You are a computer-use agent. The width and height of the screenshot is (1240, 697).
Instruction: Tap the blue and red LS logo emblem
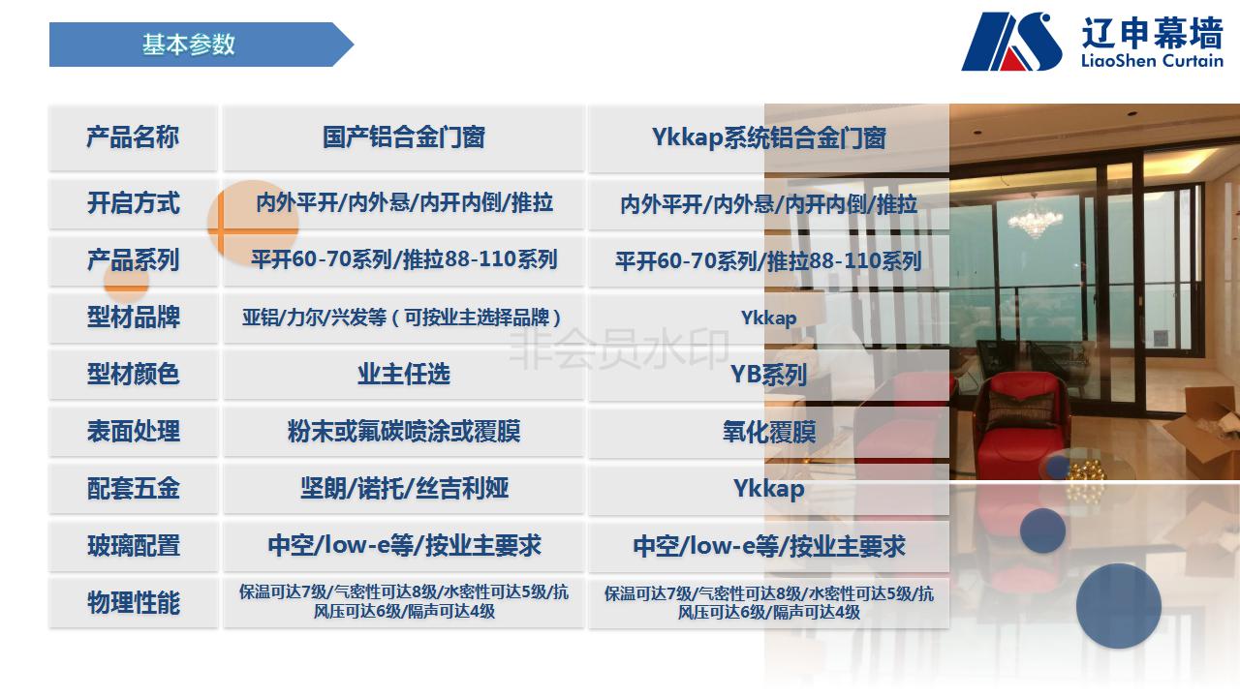[1011, 42]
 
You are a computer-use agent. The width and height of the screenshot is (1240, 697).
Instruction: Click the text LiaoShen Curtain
[1152, 60]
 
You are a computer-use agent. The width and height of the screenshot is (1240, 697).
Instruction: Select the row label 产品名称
[133, 137]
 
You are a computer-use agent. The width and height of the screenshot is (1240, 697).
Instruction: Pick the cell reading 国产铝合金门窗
[404, 137]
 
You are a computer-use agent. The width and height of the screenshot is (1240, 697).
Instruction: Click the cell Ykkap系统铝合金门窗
[768, 137]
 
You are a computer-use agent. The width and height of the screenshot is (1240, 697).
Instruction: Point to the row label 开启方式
[133, 203]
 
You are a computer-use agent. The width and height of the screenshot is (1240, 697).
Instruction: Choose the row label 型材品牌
[133, 318]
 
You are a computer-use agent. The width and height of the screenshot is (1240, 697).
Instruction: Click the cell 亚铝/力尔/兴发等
[401, 318]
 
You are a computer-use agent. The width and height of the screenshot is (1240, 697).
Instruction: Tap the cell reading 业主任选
[404, 375]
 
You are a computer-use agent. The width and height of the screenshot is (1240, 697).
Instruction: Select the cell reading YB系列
[768, 375]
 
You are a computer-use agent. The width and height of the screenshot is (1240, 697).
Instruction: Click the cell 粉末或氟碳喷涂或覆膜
[404, 432]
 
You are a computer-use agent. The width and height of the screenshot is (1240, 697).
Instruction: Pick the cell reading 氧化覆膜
[768, 432]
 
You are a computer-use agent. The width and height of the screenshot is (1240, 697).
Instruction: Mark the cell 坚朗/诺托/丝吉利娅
[404, 489]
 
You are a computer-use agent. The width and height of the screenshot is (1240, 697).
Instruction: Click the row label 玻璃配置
[133, 545]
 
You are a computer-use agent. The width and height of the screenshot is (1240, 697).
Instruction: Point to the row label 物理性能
[133, 602]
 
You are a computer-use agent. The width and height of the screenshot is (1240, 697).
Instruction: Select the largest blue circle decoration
[1118, 606]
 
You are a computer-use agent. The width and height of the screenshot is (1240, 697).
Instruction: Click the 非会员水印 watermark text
[619, 348]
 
